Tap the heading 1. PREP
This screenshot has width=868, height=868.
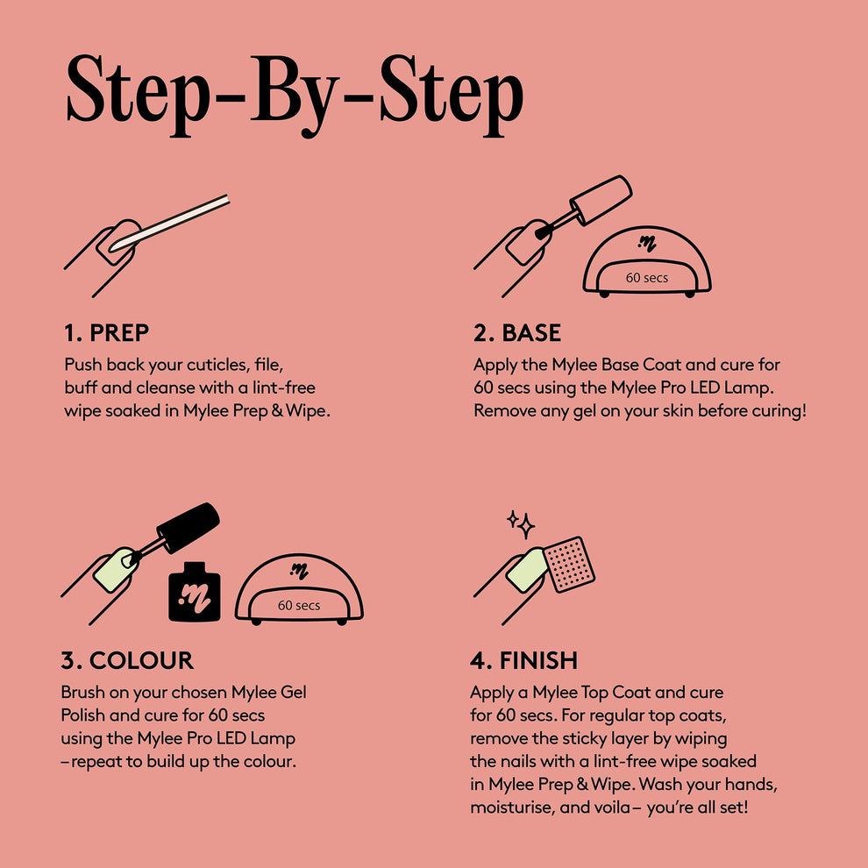[106, 333]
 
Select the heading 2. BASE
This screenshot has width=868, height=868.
[517, 333]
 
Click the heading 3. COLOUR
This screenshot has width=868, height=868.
[127, 660]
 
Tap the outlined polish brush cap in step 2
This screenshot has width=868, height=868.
[601, 196]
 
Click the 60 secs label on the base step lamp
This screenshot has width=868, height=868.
[646, 279]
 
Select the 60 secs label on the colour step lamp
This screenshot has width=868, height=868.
[299, 605]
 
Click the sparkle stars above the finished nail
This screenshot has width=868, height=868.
[521, 523]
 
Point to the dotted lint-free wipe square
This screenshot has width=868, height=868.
[569, 562]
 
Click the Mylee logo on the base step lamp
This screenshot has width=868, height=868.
[648, 242]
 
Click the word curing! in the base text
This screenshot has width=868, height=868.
[774, 410]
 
